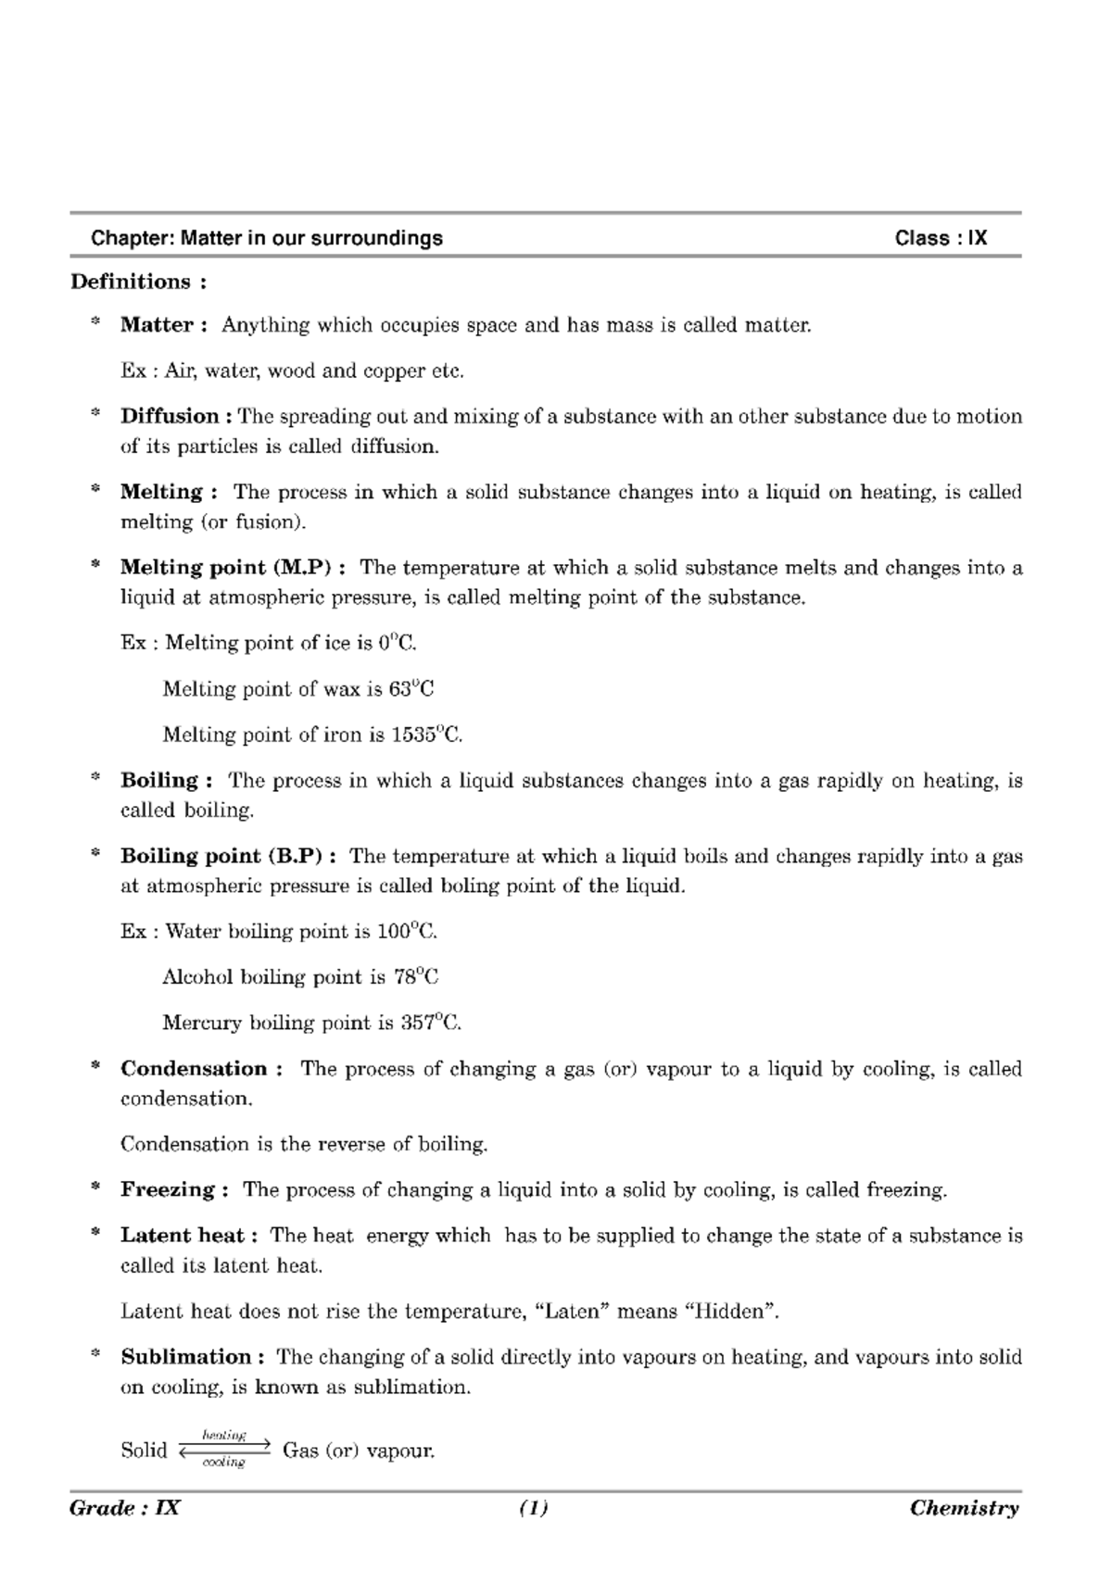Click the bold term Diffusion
tap(170, 416)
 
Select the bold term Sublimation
tap(186, 1357)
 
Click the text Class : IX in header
tap(941, 238)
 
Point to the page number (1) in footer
tap(534, 1509)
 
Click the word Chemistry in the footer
tap(964, 1509)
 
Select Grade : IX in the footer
tap(124, 1509)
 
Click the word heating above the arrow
tap(224, 1435)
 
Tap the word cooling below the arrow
tap(223, 1463)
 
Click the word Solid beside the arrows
tap(144, 1451)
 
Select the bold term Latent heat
tap(183, 1236)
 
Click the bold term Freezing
tap(168, 1189)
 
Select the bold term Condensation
tap(195, 1069)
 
